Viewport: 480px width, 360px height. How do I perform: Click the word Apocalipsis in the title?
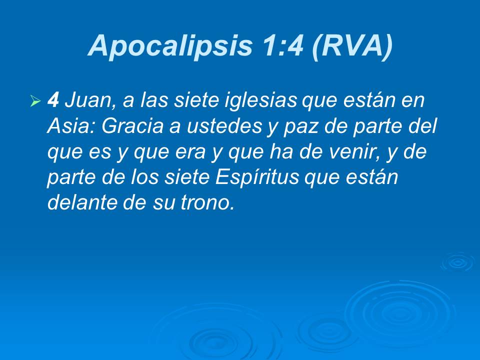coord(170,46)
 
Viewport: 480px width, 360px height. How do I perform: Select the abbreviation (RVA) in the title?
coord(351,46)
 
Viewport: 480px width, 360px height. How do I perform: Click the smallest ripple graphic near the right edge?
coord(457,261)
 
